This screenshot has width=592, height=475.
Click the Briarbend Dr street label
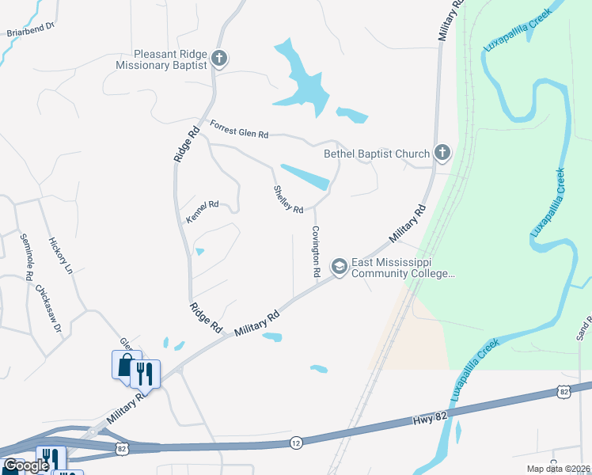pos(29,31)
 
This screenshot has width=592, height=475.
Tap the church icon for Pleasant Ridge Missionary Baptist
pos(220,58)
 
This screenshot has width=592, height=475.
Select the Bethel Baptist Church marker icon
pos(442,153)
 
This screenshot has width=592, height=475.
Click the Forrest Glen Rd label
pos(240,129)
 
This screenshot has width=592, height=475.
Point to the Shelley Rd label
pos(288,199)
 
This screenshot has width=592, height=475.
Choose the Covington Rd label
pos(315,250)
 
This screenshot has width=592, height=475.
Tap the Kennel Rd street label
pos(202,210)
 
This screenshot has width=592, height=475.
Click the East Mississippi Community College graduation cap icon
pos(339,267)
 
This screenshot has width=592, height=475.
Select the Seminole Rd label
pos(25,257)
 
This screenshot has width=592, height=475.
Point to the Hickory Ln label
pos(60,255)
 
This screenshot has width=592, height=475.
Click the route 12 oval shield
pos(295,441)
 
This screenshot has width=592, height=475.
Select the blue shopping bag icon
pos(126,365)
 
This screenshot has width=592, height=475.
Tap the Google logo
pos(26,465)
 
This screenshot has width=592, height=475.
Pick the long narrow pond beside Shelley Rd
pos(305,177)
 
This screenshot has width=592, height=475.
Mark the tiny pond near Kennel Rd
pos(199,252)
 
